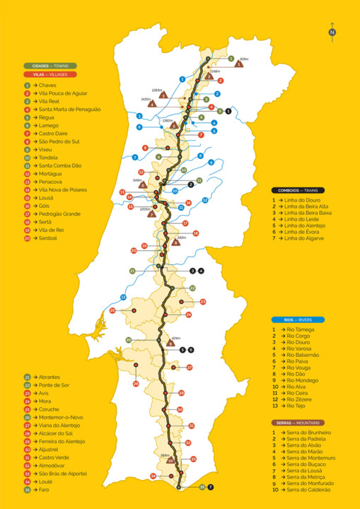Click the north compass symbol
coord(332,31)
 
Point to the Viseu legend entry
coord(42,149)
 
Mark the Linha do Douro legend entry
coord(300,200)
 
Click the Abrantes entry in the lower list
coord(46,378)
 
